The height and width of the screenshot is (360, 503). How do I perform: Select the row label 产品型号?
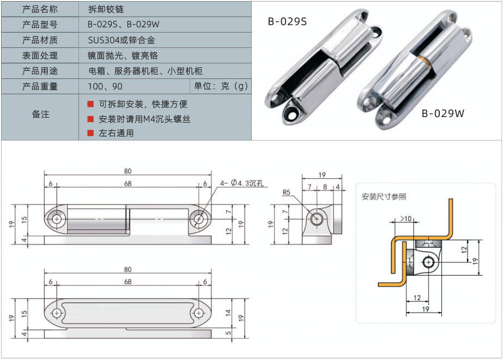(39, 25)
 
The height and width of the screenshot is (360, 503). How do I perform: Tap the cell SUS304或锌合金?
(122, 40)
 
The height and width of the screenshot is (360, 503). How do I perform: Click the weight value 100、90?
(105, 87)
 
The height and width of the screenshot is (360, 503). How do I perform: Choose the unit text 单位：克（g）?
(221, 86)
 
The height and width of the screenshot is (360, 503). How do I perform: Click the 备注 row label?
(40, 114)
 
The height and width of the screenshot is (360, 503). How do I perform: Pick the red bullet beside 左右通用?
(90, 133)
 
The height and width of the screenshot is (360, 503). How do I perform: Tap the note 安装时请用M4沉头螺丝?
(144, 119)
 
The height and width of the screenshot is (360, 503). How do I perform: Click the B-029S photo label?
(287, 21)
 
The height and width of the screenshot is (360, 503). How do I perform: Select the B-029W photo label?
(443, 113)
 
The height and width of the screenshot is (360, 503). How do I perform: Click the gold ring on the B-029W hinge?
(426, 60)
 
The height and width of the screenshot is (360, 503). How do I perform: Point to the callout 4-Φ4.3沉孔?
(242, 184)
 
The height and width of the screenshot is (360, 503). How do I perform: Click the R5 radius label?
(287, 192)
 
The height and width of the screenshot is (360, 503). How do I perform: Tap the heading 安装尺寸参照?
(384, 197)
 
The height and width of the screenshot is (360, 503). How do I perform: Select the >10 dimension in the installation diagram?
(406, 218)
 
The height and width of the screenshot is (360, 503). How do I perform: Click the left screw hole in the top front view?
(57, 219)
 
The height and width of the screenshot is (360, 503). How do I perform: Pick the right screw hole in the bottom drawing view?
(198, 314)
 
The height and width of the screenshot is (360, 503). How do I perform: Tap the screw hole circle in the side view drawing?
(317, 219)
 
